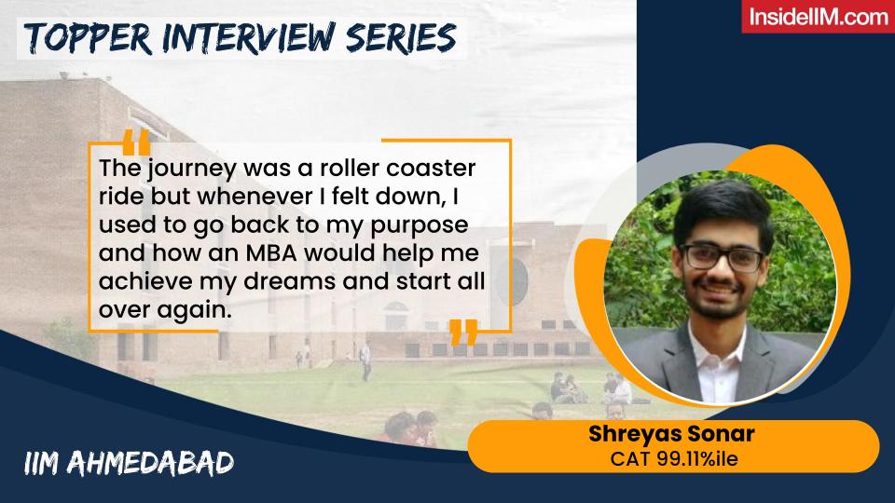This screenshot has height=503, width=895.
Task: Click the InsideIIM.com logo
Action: point(817,18)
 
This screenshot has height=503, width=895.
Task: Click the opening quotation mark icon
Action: point(136,143)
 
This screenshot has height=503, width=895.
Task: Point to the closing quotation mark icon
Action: point(463,332)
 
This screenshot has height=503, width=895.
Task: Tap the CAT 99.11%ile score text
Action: point(672,458)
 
